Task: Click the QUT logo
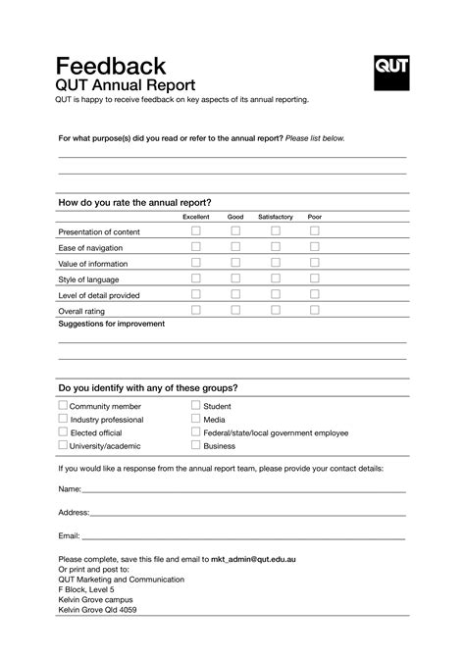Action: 391,73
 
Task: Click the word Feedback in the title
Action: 111,66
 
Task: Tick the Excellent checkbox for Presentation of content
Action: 195,231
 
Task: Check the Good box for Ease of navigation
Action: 235,247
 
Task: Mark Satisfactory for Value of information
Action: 276,263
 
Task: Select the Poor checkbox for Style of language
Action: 315,278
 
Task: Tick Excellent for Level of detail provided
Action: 195,294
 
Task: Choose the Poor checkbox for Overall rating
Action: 315,310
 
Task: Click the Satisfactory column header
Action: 276,217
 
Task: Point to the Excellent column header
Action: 195,217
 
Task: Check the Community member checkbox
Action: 64,405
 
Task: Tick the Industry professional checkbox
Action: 64,419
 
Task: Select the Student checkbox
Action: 196,405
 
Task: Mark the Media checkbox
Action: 196,419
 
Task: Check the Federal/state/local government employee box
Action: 196,431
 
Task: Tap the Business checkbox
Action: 196,445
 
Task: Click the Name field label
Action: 70,488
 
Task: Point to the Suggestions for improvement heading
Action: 112,324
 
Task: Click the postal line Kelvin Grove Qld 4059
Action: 97,610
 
